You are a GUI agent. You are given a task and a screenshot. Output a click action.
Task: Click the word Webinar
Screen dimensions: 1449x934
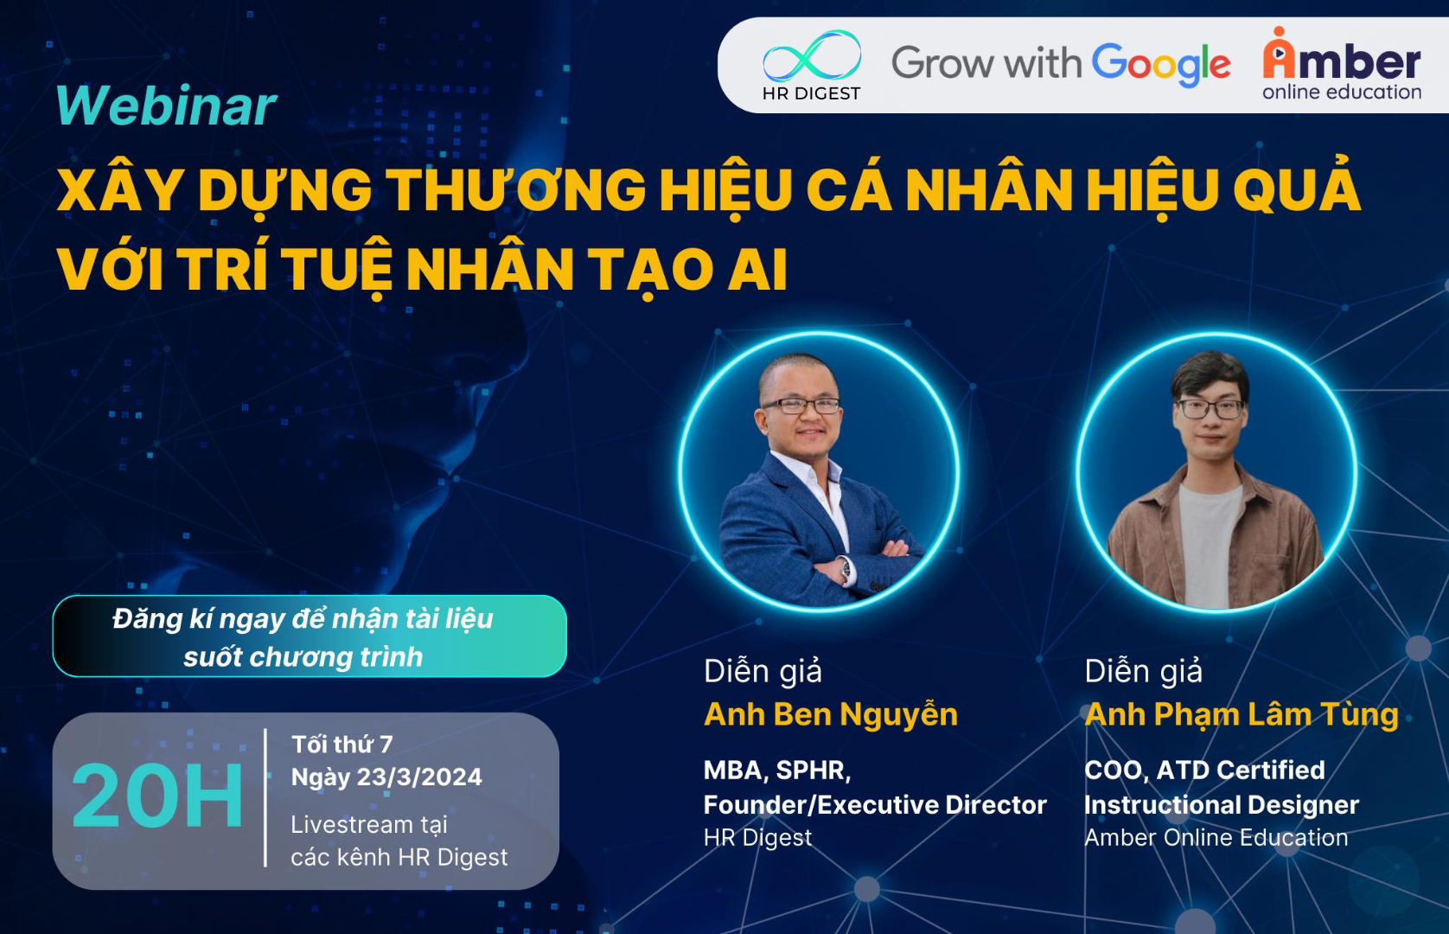pyautogui.click(x=166, y=105)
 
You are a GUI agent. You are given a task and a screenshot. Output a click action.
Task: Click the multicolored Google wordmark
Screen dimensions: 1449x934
pyautogui.click(x=1162, y=65)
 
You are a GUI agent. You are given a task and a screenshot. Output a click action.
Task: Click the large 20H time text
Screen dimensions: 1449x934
pyautogui.click(x=157, y=796)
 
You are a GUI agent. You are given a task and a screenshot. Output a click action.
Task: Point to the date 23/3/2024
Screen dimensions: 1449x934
pyautogui.click(x=419, y=777)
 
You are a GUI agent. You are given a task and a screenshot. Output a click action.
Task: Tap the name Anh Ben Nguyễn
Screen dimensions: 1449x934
pyautogui.click(x=831, y=714)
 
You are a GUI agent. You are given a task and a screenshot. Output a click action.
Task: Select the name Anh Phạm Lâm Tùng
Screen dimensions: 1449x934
pyautogui.click(x=1242, y=714)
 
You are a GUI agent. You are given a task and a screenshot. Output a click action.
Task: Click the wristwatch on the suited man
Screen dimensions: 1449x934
pyautogui.click(x=845, y=569)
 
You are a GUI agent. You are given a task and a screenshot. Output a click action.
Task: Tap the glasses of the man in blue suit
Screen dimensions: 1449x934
pyautogui.click(x=801, y=406)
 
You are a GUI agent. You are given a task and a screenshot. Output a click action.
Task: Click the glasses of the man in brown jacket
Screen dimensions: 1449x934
pyautogui.click(x=1210, y=409)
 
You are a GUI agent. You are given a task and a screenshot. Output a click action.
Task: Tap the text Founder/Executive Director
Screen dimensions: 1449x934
pyautogui.click(x=875, y=804)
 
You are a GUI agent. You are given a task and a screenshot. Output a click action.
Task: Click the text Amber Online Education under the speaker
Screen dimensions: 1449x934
pyautogui.click(x=1216, y=837)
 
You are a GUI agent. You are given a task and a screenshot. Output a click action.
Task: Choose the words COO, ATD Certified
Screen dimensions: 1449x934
pyautogui.click(x=1204, y=771)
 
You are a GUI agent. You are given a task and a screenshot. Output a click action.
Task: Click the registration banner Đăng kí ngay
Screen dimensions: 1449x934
pyautogui.click(x=310, y=637)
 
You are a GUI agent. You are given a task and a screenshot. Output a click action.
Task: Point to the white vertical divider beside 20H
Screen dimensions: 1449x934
pyautogui.click(x=266, y=797)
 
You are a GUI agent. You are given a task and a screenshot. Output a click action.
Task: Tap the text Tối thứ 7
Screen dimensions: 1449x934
pyautogui.click(x=342, y=745)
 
